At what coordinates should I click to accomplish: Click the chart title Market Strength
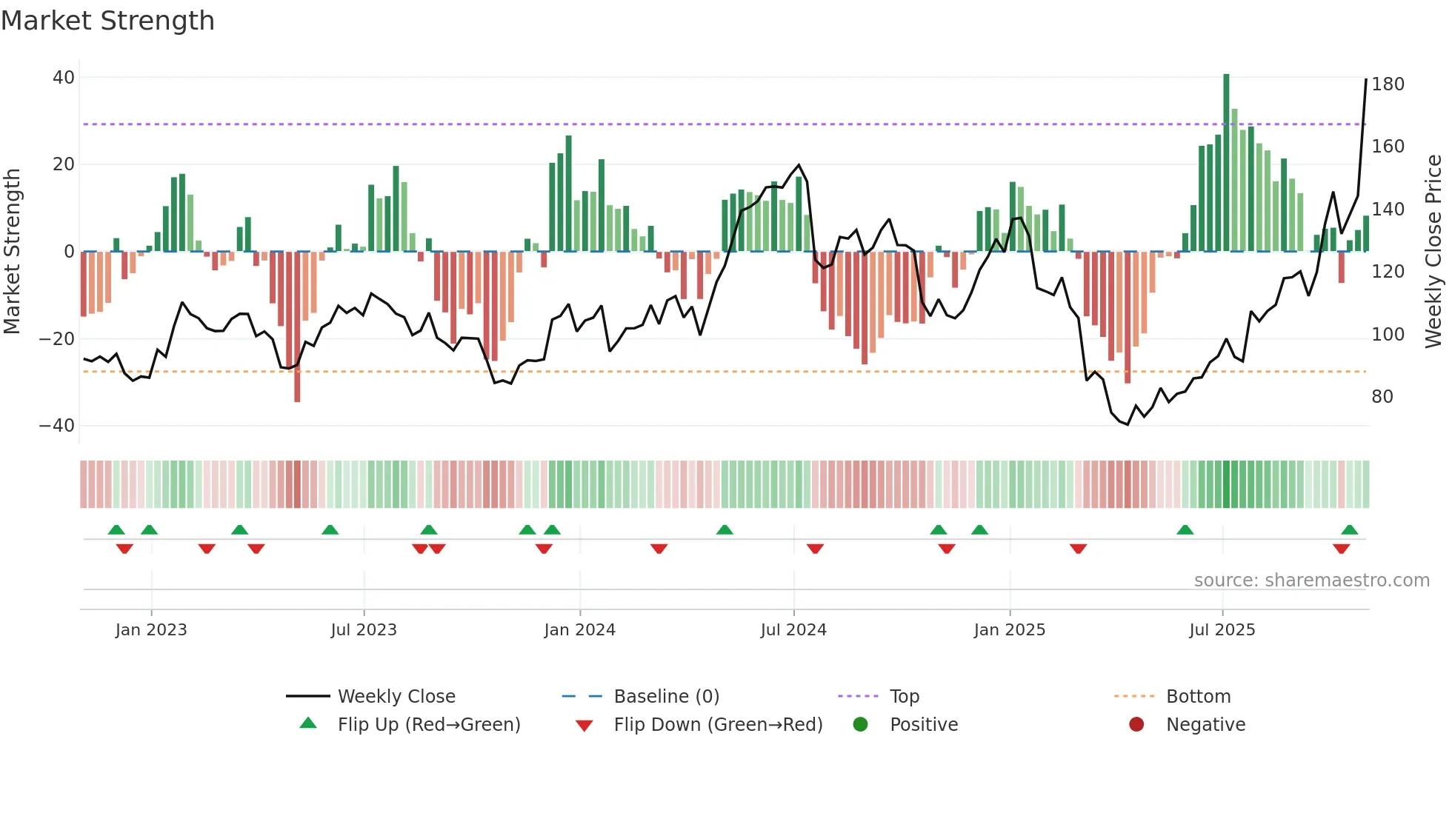107,21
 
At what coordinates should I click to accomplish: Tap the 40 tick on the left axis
64,78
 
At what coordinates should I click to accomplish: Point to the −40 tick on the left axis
57,426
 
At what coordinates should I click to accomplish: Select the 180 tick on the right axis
1388,84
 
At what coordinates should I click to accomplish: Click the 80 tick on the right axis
1382,397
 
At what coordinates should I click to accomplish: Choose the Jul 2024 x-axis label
793,630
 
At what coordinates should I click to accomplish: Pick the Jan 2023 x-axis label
151,630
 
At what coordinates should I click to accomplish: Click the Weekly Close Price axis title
1433,252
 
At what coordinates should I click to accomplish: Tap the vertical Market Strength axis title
13,252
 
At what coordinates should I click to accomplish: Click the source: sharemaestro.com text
1311,581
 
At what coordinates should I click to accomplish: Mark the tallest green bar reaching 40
1226,163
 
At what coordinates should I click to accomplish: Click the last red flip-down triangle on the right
1341,549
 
